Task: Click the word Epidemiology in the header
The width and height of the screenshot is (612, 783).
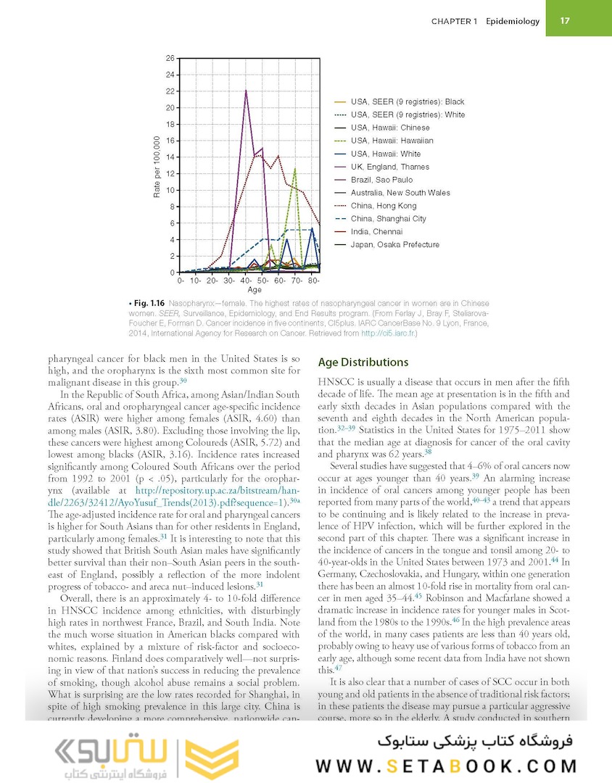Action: pyautogui.click(x=513, y=21)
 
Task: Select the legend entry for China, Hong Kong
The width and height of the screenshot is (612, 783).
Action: pyautogui.click(x=384, y=206)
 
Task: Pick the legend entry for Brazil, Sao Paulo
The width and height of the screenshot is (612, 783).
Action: pyautogui.click(x=381, y=180)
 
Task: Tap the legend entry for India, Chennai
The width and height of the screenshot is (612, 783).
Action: pyautogui.click(x=376, y=232)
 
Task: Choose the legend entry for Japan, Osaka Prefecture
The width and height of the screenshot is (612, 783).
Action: pyautogui.click(x=394, y=245)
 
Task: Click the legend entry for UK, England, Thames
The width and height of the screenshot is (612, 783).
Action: pyautogui.click(x=389, y=167)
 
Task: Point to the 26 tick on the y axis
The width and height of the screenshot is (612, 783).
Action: pyautogui.click(x=170, y=58)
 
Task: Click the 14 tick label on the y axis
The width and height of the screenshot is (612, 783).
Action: pyautogui.click(x=170, y=157)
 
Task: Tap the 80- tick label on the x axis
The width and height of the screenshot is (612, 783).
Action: pyautogui.click(x=314, y=280)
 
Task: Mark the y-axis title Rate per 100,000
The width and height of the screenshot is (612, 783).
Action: pyautogui.click(x=157, y=167)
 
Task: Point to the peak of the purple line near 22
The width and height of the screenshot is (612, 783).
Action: pyautogui.click(x=247, y=91)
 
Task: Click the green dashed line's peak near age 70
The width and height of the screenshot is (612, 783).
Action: pyautogui.click(x=295, y=169)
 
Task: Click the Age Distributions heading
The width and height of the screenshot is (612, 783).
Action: pyautogui.click(x=363, y=362)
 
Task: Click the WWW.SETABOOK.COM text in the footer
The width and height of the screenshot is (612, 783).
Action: pyautogui.click(x=447, y=766)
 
